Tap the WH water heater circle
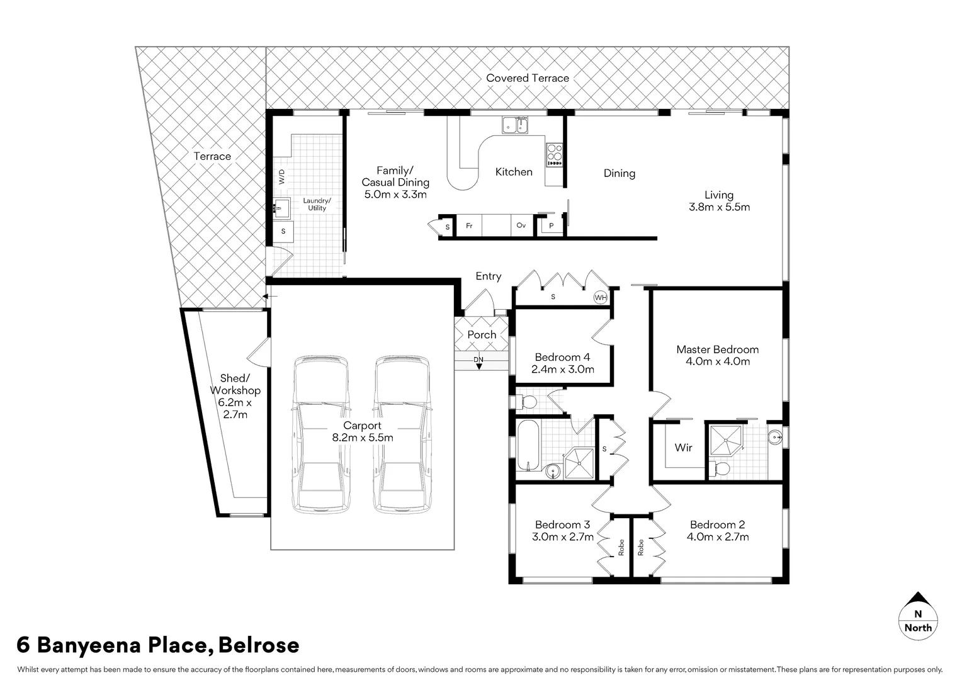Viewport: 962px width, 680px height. tap(601, 297)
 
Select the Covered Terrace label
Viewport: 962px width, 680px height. tap(527, 78)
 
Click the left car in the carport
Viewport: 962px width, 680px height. tap(321, 435)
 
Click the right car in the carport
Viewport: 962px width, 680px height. tap(404, 435)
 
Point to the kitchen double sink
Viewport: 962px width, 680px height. tap(515, 126)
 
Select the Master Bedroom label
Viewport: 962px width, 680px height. tap(717, 349)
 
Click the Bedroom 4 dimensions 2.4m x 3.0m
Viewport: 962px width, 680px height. tap(562, 370)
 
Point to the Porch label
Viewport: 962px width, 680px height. tap(482, 335)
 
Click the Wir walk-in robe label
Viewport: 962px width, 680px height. tap(683, 448)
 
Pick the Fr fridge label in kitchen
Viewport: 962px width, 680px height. tap(469, 226)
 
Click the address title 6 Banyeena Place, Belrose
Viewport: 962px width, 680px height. tap(157, 645)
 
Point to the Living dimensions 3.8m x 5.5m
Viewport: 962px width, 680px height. tap(718, 207)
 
